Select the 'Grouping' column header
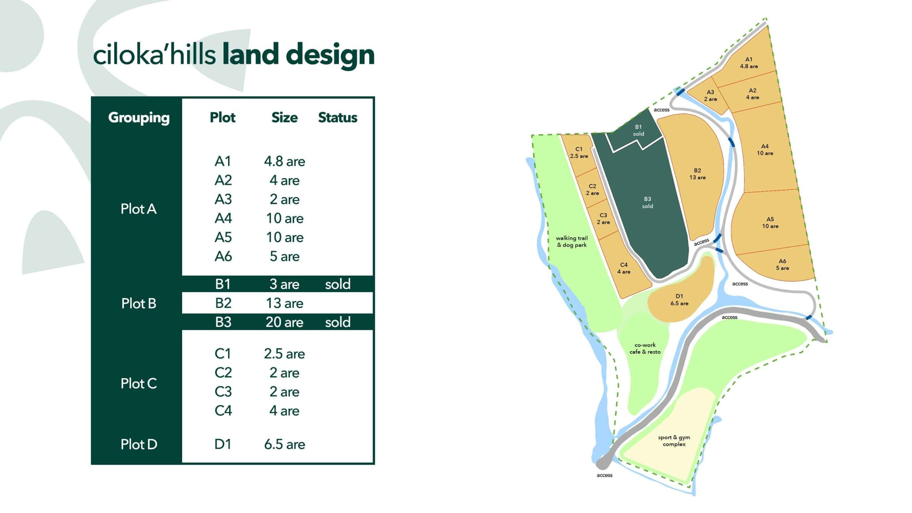tap(139, 118)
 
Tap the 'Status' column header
tap(337, 118)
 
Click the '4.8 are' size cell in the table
tap(284, 161)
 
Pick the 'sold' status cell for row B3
tap(337, 322)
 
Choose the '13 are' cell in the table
tap(284, 303)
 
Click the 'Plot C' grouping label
tap(139, 384)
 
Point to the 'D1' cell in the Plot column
tap(223, 444)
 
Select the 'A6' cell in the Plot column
tap(223, 256)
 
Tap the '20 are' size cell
tap(284, 322)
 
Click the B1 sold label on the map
tap(638, 130)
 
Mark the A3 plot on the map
tap(710, 95)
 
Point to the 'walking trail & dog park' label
tap(572, 242)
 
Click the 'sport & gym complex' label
tap(674, 441)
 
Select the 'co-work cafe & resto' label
tap(645, 348)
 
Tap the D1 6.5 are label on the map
tap(679, 300)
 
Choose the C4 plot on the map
tap(624, 268)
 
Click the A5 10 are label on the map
tap(770, 223)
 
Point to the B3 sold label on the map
tap(647, 202)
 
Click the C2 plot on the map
tap(592, 190)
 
